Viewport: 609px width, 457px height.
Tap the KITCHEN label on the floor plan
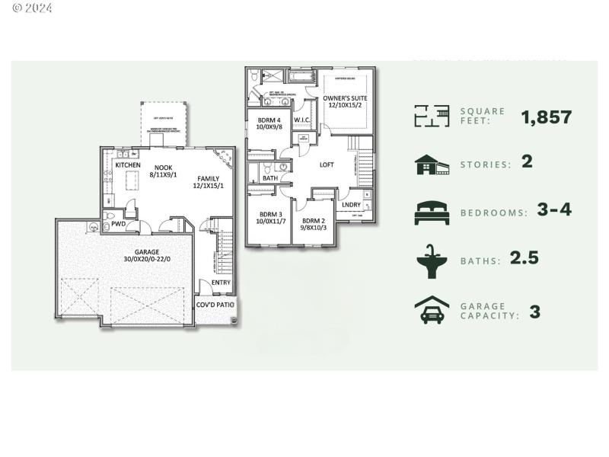click(x=127, y=165)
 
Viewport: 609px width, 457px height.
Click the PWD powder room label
click(x=118, y=225)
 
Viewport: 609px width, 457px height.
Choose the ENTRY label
click(x=221, y=283)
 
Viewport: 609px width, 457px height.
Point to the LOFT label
click(x=327, y=165)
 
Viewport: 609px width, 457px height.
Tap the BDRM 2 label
click(x=312, y=221)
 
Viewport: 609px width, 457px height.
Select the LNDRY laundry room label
click(x=351, y=204)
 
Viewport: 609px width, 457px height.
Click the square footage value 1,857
click(x=546, y=117)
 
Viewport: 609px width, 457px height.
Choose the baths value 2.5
click(x=524, y=258)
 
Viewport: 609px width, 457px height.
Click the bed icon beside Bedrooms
click(x=432, y=212)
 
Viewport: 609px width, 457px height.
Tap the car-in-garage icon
click(x=432, y=311)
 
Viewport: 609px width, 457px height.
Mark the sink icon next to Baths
click(x=432, y=260)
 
